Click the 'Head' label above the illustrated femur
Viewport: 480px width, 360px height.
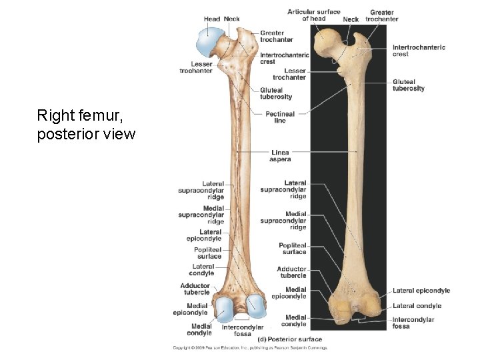pos(212,19)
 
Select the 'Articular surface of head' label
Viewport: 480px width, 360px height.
pos(313,15)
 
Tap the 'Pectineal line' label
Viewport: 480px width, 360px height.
pos(280,117)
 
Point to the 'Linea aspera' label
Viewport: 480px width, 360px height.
pos(280,156)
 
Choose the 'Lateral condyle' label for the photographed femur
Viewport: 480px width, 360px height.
pos(417,306)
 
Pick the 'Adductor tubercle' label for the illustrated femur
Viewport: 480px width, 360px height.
pos(195,289)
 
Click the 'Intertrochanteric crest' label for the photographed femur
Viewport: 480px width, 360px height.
pos(419,51)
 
